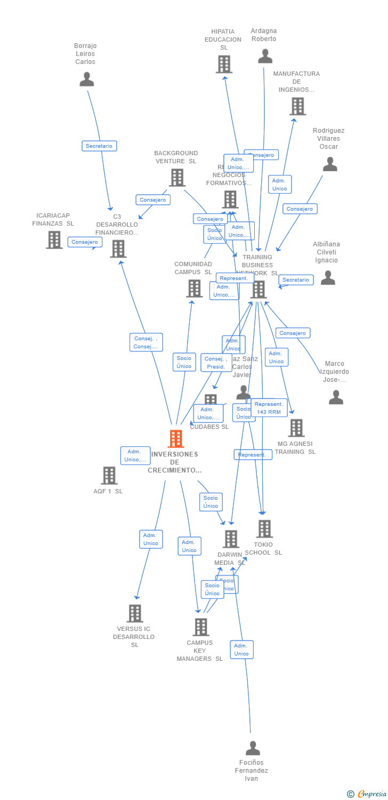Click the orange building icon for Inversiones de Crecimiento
tap(175, 438)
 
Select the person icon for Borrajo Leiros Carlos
tap(86, 79)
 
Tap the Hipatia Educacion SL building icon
tap(224, 64)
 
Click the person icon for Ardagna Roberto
tap(265, 56)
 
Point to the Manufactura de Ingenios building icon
tap(297, 106)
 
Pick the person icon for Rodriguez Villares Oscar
tap(330, 164)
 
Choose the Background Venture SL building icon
tap(176, 178)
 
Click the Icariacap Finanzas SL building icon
tap(54, 240)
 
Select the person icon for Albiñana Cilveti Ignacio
tap(328, 278)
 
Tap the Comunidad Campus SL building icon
tap(194, 289)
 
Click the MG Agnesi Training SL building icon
tap(296, 428)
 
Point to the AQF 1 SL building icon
tap(109, 475)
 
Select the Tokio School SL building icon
tap(264, 529)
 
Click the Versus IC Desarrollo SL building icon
tap(135, 613)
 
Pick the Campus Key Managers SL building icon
tap(200, 627)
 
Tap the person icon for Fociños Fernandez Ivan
tap(253, 748)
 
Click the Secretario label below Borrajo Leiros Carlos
tap(99, 146)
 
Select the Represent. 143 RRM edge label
tap(269, 408)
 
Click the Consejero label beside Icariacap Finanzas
tap(85, 242)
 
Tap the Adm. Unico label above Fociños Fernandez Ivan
tap(241, 650)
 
